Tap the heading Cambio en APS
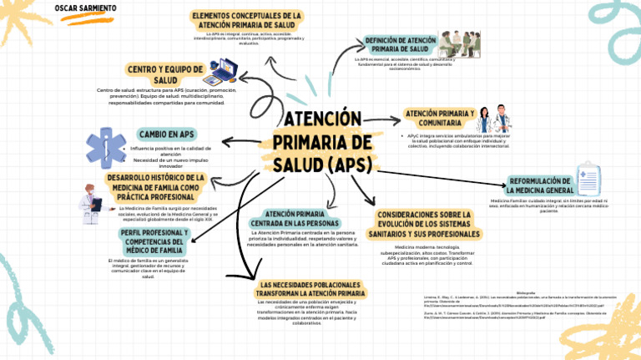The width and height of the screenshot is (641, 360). pyautogui.click(x=167, y=134)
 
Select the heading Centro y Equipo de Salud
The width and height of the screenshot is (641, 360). pyautogui.click(x=165, y=74)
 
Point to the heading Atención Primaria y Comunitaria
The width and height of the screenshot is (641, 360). pyautogui.click(x=439, y=118)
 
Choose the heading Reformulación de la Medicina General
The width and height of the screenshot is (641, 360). pyautogui.click(x=553, y=185)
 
